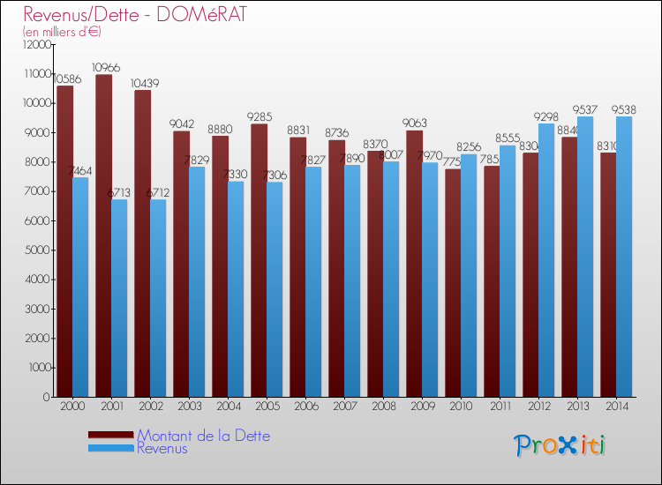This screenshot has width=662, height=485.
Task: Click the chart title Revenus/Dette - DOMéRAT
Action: click(x=135, y=15)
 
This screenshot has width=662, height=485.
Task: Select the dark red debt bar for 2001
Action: click(x=103, y=238)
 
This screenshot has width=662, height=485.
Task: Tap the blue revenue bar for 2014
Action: click(x=624, y=256)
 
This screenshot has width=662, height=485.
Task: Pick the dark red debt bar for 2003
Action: click(x=181, y=265)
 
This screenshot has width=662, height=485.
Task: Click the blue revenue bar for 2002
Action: click(x=158, y=300)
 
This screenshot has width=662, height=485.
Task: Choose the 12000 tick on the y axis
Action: click(x=35, y=44)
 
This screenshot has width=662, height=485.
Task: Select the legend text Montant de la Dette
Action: click(x=204, y=436)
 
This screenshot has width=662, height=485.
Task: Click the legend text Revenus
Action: click(x=162, y=448)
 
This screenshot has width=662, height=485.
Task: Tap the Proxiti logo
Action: click(x=560, y=445)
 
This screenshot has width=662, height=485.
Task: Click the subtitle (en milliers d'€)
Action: click(x=62, y=32)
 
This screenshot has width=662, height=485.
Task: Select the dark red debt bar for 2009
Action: click(x=414, y=265)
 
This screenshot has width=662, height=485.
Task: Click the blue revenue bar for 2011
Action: click(x=508, y=273)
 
